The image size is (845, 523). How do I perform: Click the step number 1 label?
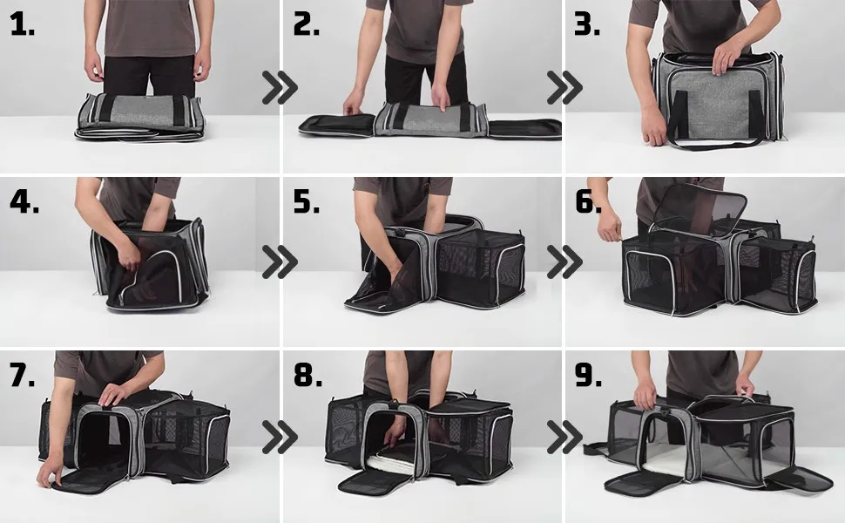(22, 25)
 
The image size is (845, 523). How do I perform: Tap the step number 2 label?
(306, 25)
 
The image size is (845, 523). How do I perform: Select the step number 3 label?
(587, 25)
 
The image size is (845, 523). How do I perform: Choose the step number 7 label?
(22, 375)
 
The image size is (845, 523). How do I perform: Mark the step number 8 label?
(308, 375)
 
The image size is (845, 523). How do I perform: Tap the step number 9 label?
(588, 375)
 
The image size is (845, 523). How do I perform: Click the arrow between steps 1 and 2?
(280, 87)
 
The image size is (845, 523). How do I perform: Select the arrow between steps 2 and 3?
(564, 87)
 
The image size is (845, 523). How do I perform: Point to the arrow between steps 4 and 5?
(280, 262)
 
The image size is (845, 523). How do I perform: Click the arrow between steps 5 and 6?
(564, 262)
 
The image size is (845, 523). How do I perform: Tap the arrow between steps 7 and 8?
(280, 437)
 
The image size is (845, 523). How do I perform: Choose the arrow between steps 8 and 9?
(564, 437)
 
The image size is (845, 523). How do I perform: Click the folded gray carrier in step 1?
(140, 117)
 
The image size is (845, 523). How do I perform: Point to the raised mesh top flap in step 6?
(700, 204)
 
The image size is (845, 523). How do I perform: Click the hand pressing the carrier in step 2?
(440, 97)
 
